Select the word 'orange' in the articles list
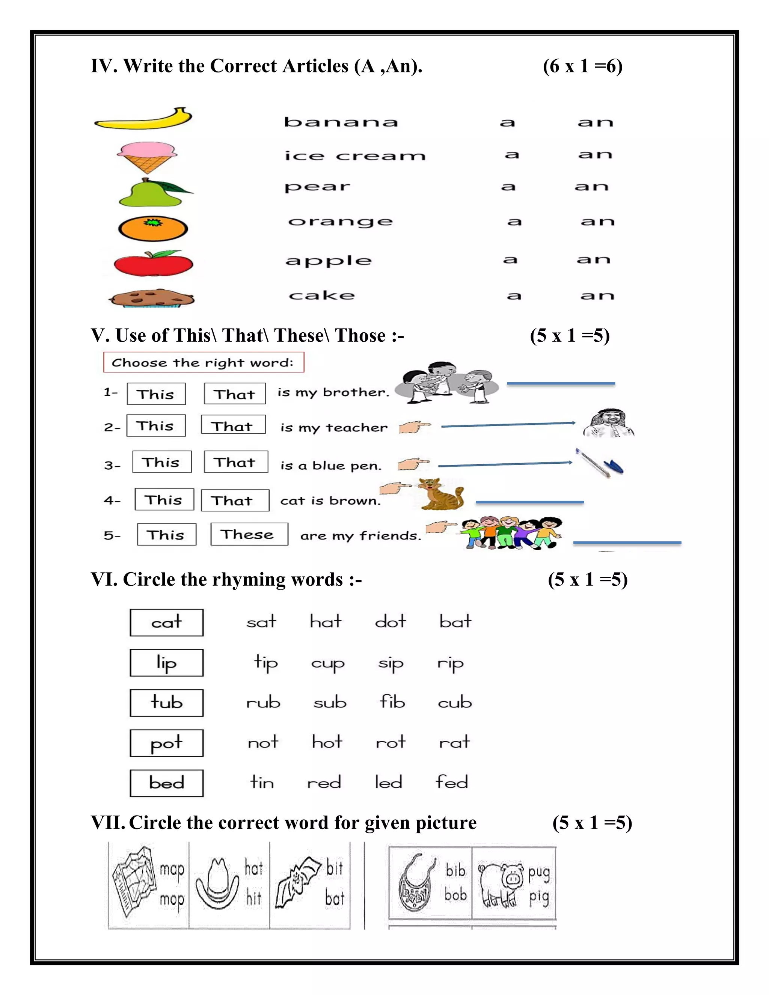coord(340,222)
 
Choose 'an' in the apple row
coord(593,260)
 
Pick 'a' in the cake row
coord(514,296)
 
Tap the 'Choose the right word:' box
coord(203,362)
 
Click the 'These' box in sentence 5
coord(249,534)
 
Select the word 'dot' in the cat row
coord(391,622)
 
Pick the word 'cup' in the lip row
coord(327,664)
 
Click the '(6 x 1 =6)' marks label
coord(582,66)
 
